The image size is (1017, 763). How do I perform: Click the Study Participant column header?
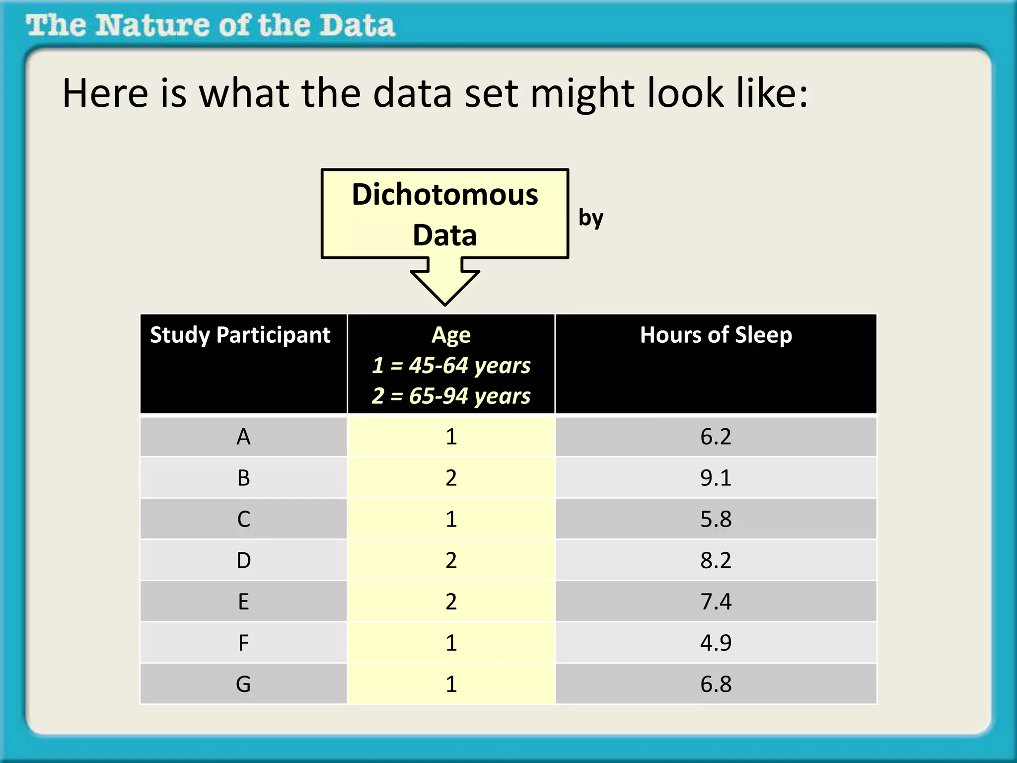click(240, 335)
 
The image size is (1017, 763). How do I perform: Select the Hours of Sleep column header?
click(716, 335)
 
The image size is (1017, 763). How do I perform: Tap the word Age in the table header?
click(451, 335)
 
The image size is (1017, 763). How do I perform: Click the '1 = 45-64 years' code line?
click(451, 366)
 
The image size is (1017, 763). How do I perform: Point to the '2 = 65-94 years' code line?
click(451, 396)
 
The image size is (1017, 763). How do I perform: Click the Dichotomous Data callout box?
click(445, 214)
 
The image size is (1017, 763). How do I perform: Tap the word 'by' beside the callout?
click(590, 218)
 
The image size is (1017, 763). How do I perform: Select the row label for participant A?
click(243, 437)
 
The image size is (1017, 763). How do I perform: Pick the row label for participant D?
click(243, 561)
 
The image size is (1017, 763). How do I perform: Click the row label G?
click(243, 685)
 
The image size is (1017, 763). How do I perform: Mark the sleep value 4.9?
click(716, 643)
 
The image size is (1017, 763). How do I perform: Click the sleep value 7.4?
click(716, 602)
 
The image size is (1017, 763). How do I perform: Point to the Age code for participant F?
click(451, 643)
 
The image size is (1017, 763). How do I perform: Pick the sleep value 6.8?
click(716, 685)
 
